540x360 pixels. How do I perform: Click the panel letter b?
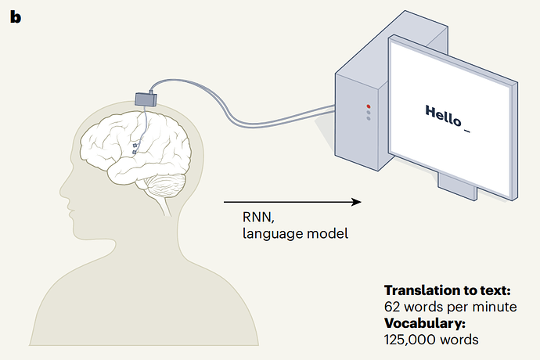16,16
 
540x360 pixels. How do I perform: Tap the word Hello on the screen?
442,113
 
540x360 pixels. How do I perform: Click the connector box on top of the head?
146,98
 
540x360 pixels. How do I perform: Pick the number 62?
391,306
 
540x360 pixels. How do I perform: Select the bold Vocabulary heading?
425,322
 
